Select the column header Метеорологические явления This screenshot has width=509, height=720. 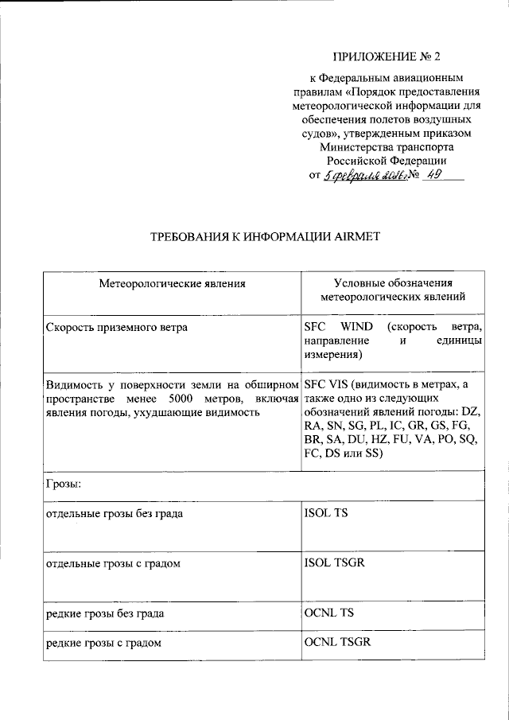click(x=172, y=283)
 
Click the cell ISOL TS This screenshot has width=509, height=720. click(x=326, y=513)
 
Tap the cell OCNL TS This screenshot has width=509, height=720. click(x=328, y=614)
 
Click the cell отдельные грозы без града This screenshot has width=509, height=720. click(x=115, y=513)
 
